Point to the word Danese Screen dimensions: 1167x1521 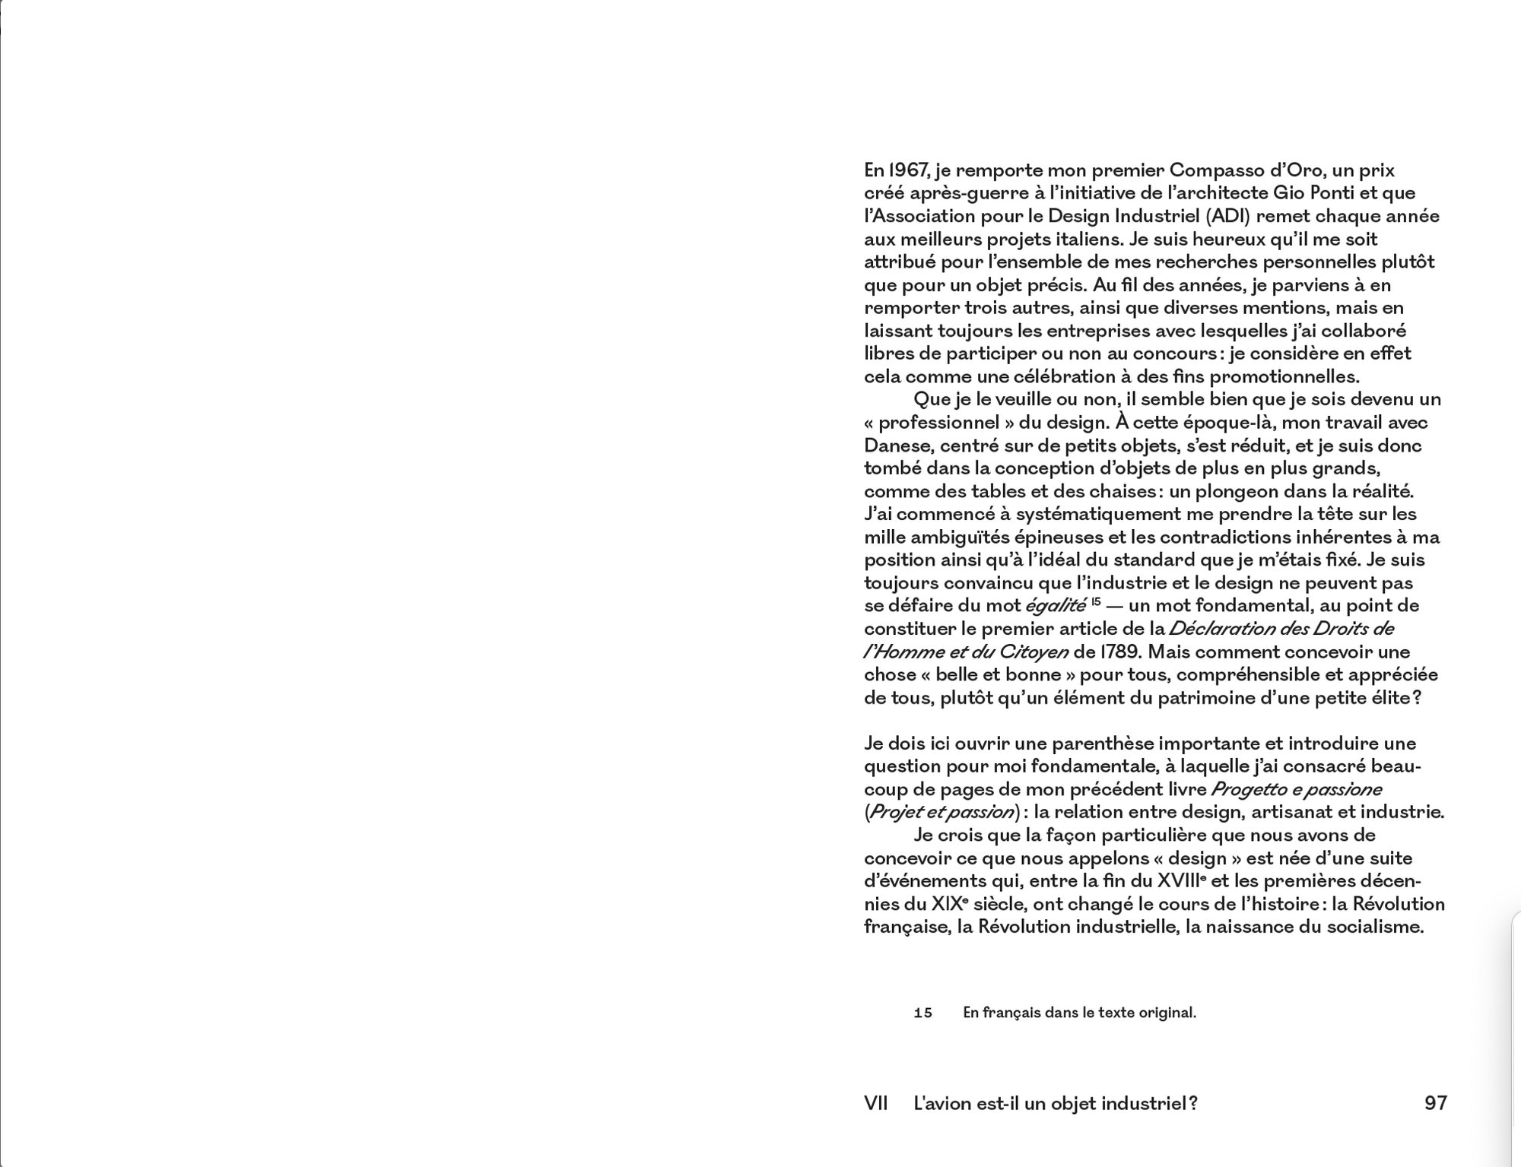pos(894,446)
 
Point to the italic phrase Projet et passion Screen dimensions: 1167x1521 pos(941,812)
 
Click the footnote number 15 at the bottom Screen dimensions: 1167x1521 pos(922,1013)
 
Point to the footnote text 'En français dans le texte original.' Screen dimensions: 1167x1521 pos(1079,1013)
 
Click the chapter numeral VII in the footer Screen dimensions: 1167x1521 pos(876,1102)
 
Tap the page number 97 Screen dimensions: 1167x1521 pos(1435,1102)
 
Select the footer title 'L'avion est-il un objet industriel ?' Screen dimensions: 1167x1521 pos(1055,1102)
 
